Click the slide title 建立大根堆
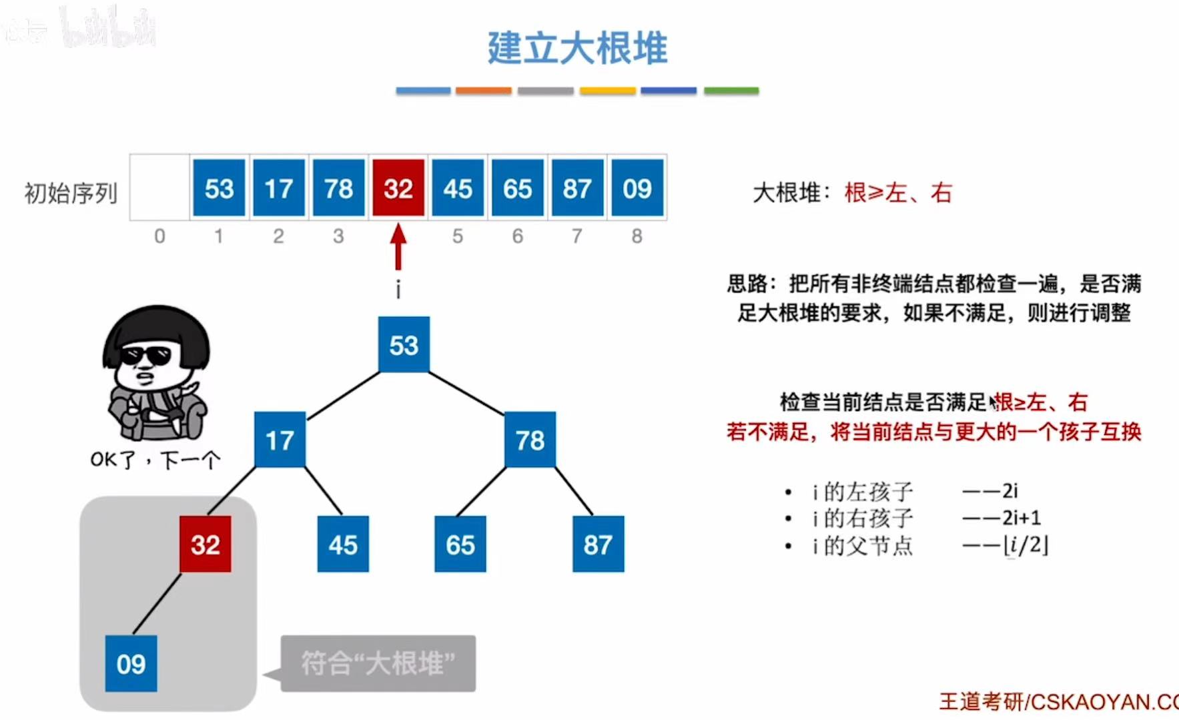pyautogui.click(x=577, y=48)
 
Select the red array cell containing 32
pyautogui.click(x=398, y=189)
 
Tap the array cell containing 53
pyautogui.click(x=219, y=189)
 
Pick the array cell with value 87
pyautogui.click(x=577, y=189)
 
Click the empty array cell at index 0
pyautogui.click(x=159, y=188)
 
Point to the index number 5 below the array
pyautogui.click(x=457, y=236)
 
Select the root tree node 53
pyautogui.click(x=404, y=345)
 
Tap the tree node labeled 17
pyautogui.click(x=280, y=440)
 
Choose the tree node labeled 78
pyautogui.click(x=530, y=440)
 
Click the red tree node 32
pyautogui.click(x=206, y=545)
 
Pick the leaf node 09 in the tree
pyautogui.click(x=131, y=664)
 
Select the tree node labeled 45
pyautogui.click(x=343, y=545)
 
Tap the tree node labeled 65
pyautogui.click(x=460, y=545)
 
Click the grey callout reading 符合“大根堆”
pyautogui.click(x=378, y=663)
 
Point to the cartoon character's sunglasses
pyautogui.click(x=146, y=354)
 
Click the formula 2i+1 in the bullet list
pyautogui.click(x=1021, y=518)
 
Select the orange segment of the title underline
pyautogui.click(x=484, y=91)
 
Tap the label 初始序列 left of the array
pyautogui.click(x=71, y=194)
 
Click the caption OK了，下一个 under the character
pyautogui.click(x=155, y=460)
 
